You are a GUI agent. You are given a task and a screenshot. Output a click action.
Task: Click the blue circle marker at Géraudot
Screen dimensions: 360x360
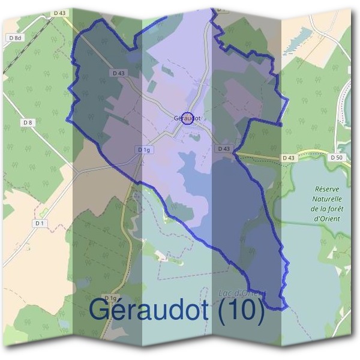pos(187,118)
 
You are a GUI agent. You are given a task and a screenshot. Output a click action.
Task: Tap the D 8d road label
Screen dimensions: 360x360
pos(16,38)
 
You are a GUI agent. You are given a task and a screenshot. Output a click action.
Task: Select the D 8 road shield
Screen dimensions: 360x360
pos(27,122)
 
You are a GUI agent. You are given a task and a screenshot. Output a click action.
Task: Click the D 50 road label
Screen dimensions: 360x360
pos(337,157)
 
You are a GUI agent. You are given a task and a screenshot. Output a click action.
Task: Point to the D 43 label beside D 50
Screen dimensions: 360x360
pos(289,157)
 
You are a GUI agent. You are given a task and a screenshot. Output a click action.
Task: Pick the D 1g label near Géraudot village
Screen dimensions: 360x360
pos(143,149)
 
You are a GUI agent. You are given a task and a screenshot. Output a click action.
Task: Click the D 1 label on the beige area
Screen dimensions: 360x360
pos(40,223)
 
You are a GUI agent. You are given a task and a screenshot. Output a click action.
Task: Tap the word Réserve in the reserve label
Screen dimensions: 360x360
pos(326,188)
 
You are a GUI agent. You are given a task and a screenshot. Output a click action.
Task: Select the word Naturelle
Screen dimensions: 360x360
pos(327,199)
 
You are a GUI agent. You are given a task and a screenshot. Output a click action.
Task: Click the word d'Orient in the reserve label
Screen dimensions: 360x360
pos(327,218)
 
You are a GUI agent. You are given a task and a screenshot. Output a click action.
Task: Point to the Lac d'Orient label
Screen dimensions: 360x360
pos(238,293)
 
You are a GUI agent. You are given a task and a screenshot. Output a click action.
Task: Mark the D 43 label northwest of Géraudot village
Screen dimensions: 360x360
pos(119,73)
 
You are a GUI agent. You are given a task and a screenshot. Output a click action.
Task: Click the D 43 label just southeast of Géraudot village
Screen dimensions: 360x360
pos(224,148)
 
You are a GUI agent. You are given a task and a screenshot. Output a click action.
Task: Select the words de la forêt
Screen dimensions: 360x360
pos(327,208)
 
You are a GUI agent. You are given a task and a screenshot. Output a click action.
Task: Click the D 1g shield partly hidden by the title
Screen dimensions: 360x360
pos(110,298)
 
